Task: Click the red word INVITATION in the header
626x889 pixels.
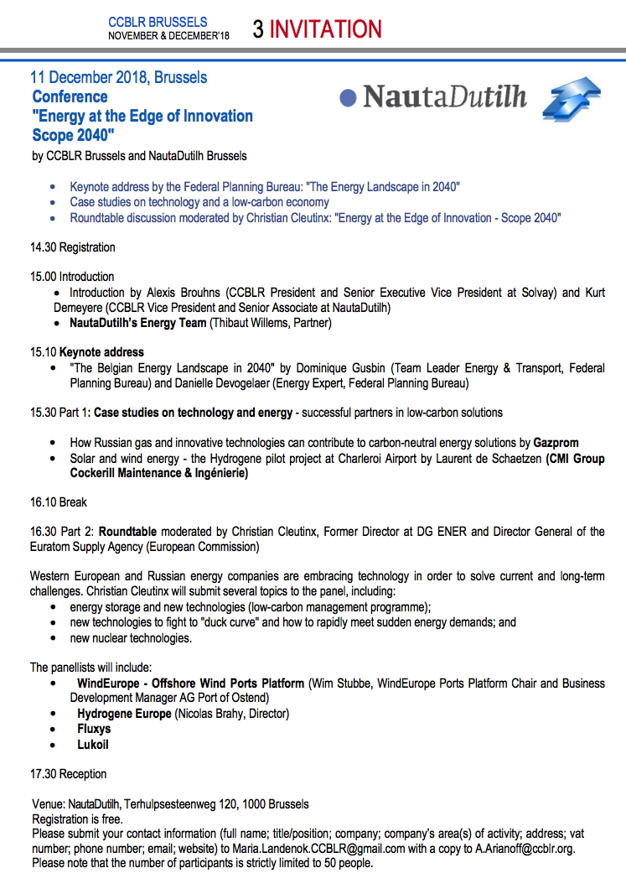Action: [326, 29]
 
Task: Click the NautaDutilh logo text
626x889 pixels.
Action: [445, 97]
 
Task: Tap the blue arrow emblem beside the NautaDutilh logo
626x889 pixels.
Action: [572, 100]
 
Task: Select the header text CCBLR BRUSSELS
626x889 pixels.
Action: [158, 22]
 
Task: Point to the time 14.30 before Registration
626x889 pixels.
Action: [43, 247]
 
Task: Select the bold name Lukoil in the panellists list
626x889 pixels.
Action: [93, 744]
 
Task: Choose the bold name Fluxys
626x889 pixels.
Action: [94, 729]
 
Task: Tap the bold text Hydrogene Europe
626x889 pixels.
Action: [124, 714]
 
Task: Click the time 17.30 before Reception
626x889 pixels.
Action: [43, 773]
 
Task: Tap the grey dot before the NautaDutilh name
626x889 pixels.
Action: [349, 98]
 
